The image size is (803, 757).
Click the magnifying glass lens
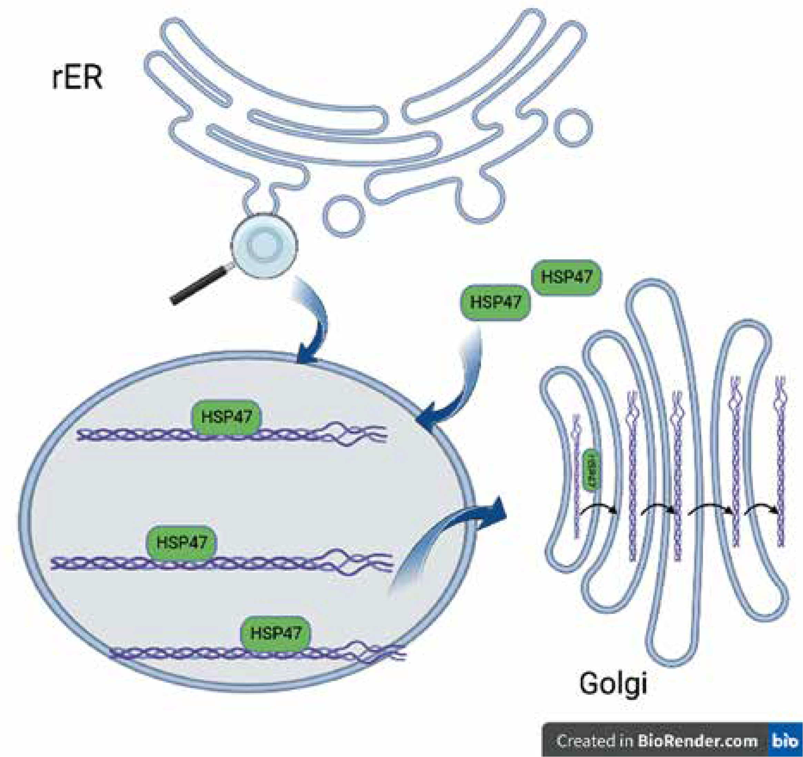pos(264,245)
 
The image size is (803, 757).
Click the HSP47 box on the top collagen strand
pos(227,416)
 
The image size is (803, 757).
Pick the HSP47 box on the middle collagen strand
pos(181,543)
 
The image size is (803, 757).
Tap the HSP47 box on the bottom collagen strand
pos(276,633)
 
